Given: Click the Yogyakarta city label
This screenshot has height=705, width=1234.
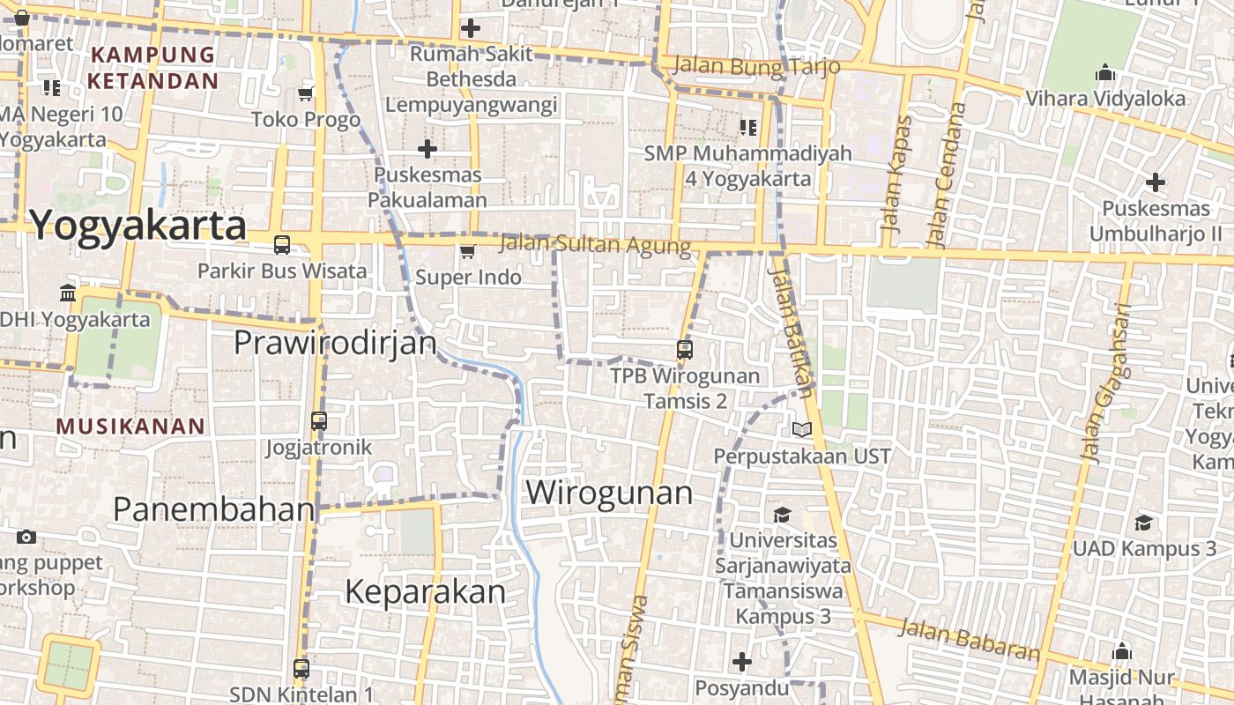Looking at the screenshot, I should click(138, 226).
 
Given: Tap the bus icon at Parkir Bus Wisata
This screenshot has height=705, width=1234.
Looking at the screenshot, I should click(282, 245).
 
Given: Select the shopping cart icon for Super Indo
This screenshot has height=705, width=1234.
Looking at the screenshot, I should click(467, 252).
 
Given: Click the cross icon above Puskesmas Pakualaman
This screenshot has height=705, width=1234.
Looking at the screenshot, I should click(427, 148).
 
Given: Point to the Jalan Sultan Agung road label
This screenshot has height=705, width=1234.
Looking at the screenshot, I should click(595, 244).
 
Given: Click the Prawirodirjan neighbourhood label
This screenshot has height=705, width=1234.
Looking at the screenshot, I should click(335, 343).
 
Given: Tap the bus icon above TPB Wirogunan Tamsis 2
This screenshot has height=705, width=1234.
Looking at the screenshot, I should click(685, 349).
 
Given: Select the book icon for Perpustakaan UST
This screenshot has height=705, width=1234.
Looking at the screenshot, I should click(801, 429).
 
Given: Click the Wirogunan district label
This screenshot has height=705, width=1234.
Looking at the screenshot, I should click(609, 492).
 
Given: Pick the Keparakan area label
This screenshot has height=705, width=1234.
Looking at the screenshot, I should click(425, 591).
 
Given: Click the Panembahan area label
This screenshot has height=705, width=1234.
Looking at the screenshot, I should click(214, 508).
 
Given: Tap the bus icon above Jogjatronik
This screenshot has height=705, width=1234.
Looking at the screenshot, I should click(319, 421).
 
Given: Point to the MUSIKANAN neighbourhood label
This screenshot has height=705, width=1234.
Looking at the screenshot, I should click(130, 427).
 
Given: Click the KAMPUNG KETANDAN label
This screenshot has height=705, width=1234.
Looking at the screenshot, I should click(152, 68).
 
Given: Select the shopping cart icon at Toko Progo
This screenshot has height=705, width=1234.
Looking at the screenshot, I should click(306, 93).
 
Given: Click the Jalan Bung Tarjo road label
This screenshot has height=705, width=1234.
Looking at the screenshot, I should click(755, 66).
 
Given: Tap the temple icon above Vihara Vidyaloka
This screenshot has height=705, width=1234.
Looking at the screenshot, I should click(1105, 73).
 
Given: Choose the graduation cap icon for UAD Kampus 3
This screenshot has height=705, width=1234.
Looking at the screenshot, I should click(1143, 523).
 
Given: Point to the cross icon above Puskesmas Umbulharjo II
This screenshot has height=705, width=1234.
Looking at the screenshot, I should click(1155, 183).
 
